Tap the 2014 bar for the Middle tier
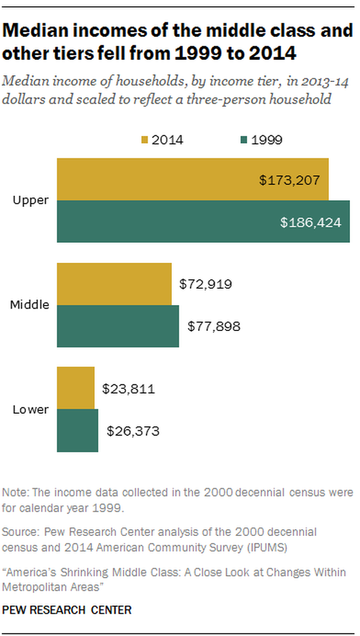tap(114, 284)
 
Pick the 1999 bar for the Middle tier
tap(118, 326)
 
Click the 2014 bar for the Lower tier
tap(76, 388)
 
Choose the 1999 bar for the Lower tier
tap(78, 430)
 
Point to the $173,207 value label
tap(289, 181)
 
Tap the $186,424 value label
tap(311, 222)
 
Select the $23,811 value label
tap(128, 389)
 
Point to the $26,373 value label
tap(132, 430)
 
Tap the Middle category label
tap(30, 305)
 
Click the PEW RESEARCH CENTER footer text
tap(67, 610)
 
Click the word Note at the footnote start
tap(14, 493)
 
